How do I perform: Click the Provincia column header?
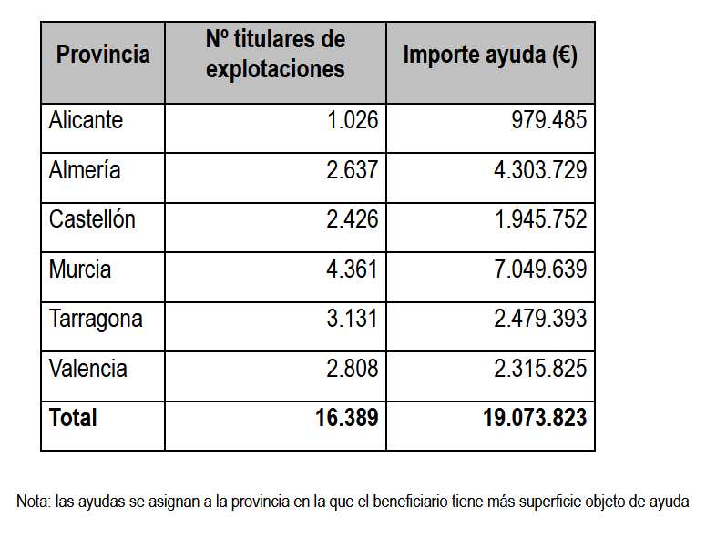pos(103,55)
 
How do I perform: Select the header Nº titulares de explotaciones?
pos(275,55)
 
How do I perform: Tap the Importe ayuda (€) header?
pos(490,55)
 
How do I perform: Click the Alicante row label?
pos(86,120)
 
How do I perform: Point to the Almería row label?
pos(85,170)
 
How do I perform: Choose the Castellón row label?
pos(92,219)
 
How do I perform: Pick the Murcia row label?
pos(80,269)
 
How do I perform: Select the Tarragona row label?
pos(96,320)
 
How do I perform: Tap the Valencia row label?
pos(88,369)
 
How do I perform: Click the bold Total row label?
pos(73,418)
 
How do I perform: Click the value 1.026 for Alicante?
pos(352,120)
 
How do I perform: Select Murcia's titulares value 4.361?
pos(352,269)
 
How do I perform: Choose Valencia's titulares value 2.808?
pos(352,369)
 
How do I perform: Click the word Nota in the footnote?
pos(33,501)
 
